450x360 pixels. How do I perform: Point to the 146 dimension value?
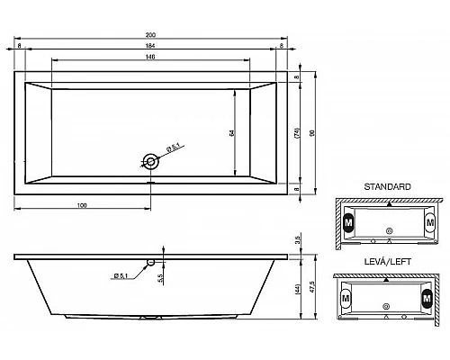150,58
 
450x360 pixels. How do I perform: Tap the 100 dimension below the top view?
82,206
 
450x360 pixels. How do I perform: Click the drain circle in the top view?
151,162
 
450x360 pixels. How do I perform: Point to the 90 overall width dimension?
312,131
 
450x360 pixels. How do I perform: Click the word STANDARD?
387,186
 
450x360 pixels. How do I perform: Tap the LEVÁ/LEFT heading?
387,263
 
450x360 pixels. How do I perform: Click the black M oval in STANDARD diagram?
348,222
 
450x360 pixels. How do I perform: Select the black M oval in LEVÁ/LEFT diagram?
425,298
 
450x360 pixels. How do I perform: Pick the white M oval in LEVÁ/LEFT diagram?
346,298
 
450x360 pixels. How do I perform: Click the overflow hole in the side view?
151,263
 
